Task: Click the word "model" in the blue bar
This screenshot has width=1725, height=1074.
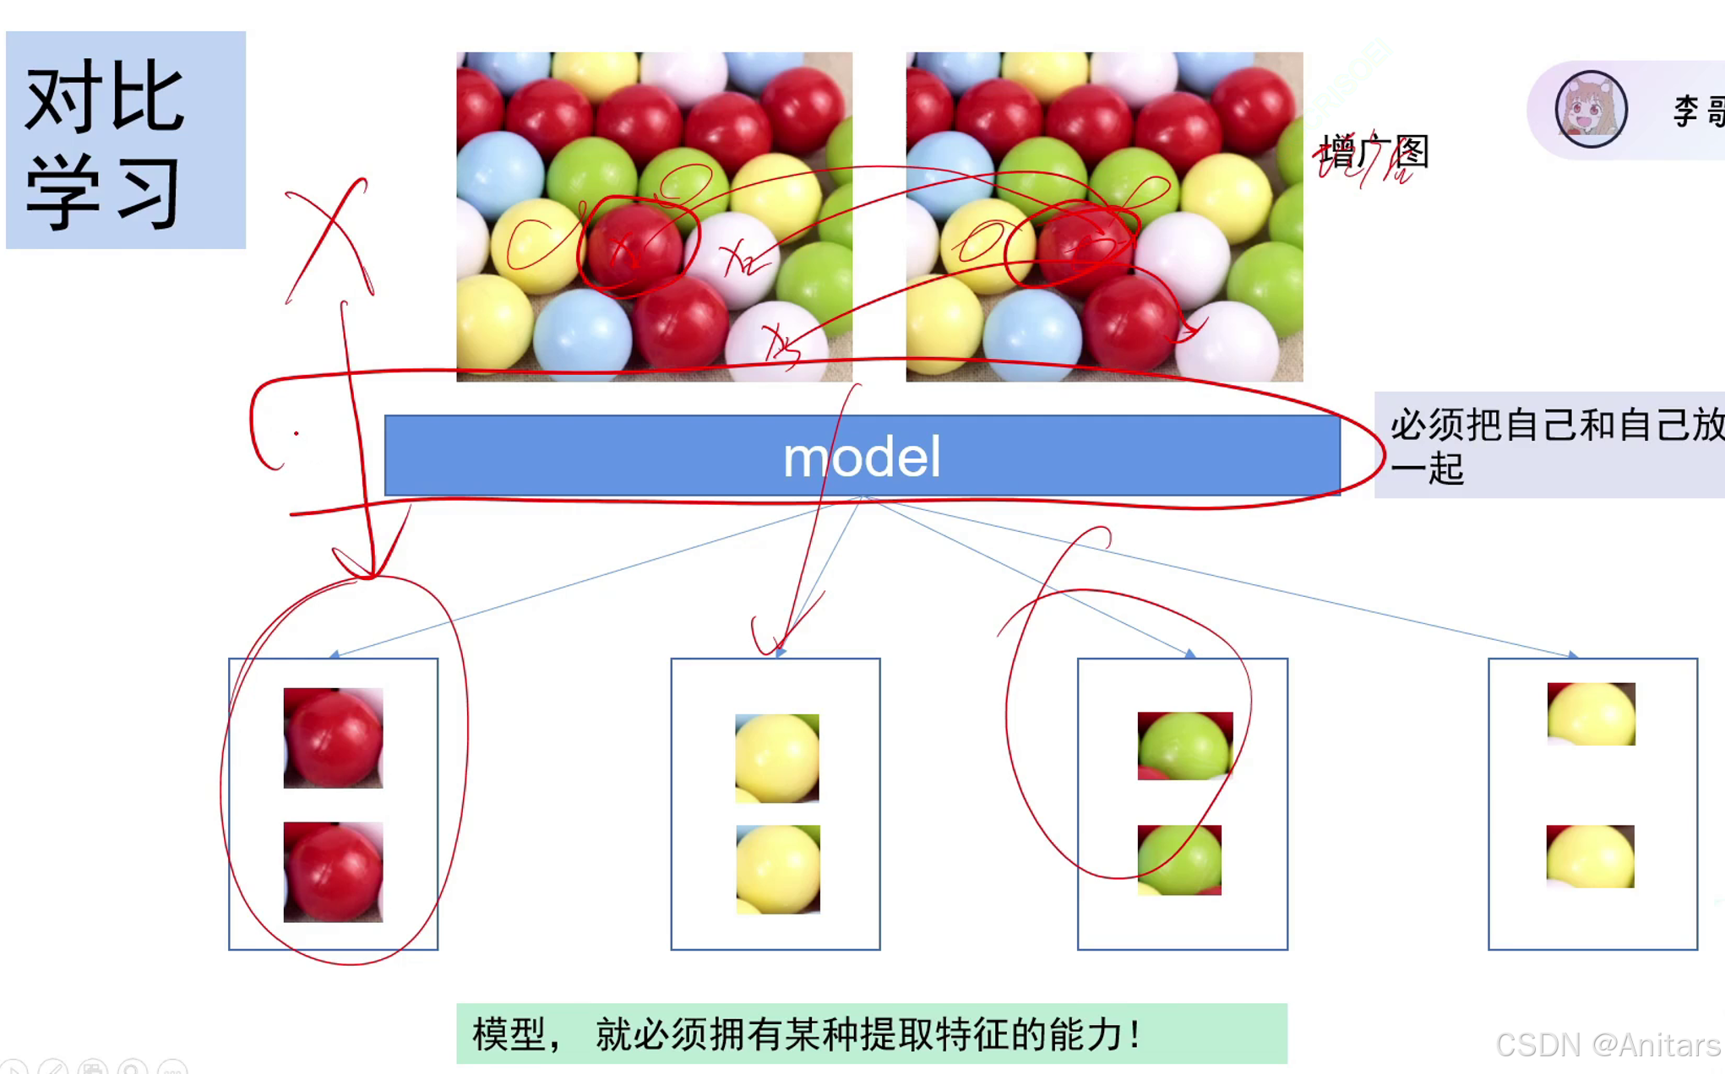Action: pyautogui.click(x=861, y=457)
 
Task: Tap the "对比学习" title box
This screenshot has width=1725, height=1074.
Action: pyautogui.click(x=126, y=140)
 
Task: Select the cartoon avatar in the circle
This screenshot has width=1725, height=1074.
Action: pyautogui.click(x=1591, y=110)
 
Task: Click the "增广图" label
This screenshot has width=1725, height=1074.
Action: pyautogui.click(x=1374, y=153)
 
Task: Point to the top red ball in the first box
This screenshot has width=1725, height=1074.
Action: pyautogui.click(x=333, y=737)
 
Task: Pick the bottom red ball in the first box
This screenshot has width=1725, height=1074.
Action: pyautogui.click(x=333, y=871)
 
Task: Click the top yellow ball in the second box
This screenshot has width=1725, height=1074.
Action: pyautogui.click(x=776, y=757)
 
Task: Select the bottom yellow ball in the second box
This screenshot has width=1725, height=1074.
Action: pyautogui.click(x=777, y=869)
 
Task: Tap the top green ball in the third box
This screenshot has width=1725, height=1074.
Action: pyautogui.click(x=1184, y=746)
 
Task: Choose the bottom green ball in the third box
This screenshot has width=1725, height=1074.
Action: pyautogui.click(x=1179, y=860)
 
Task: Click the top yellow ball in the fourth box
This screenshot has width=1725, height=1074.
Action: pyautogui.click(x=1591, y=713)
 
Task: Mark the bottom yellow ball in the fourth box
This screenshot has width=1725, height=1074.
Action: pyautogui.click(x=1590, y=856)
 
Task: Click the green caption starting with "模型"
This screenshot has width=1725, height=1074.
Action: pyautogui.click(x=871, y=1033)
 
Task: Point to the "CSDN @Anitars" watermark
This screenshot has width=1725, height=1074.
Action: pyautogui.click(x=1607, y=1045)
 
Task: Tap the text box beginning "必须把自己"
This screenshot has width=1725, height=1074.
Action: pyautogui.click(x=1549, y=445)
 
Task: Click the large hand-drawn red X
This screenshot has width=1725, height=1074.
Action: pyautogui.click(x=329, y=239)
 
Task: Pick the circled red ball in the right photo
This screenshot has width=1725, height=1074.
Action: pyautogui.click(x=1084, y=245)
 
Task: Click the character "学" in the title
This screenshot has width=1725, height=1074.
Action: pyautogui.click(x=64, y=193)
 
